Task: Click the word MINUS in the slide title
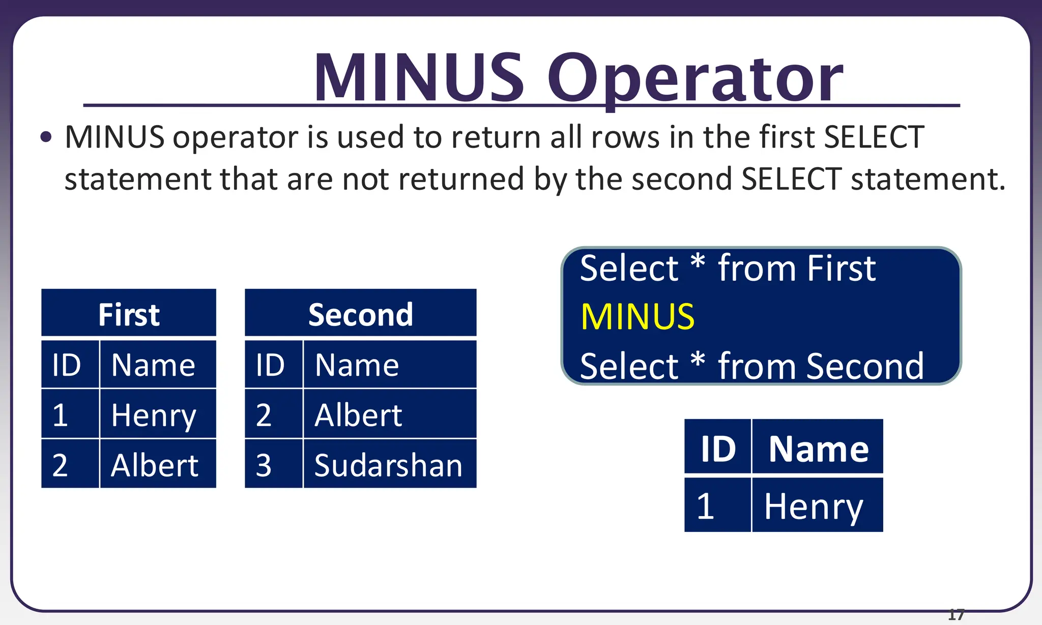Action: pos(418,78)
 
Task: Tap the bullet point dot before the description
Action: pos(46,137)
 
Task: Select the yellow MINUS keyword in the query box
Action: pos(638,317)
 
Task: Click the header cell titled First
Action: pos(129,314)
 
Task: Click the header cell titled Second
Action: pos(360,314)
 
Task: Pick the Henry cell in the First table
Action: pos(154,415)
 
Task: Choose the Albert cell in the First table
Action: pos(155,465)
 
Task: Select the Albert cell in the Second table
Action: pos(358,415)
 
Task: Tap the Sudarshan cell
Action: pos(388,465)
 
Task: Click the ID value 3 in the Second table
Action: pos(264,465)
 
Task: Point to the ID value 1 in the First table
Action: pos(60,415)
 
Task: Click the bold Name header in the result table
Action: pos(818,449)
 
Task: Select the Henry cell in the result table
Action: pos(814,507)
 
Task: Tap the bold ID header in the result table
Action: pos(718,449)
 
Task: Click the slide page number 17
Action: pos(956,615)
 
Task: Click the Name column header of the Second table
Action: pos(357,365)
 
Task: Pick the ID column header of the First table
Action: pos(67,365)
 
